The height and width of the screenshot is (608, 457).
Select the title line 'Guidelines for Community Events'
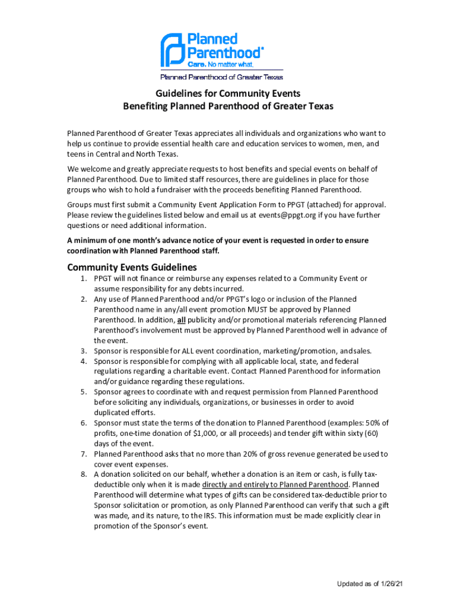pos(228,94)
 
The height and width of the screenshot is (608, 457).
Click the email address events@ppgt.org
pos(286,215)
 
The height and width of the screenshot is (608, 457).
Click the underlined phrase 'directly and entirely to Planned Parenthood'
pos(275,484)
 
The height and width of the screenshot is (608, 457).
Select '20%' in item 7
pos(274,454)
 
